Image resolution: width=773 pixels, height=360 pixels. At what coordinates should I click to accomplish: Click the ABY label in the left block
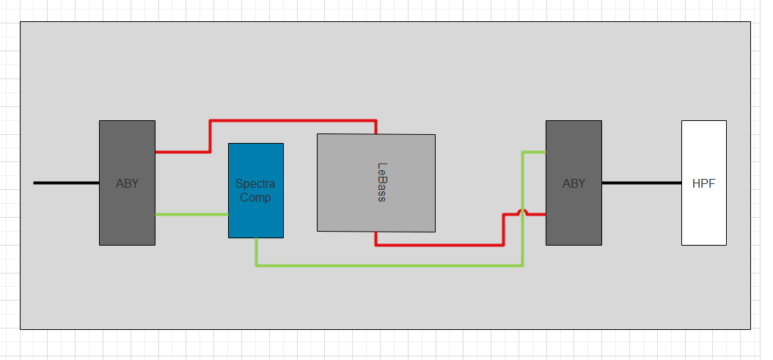(127, 183)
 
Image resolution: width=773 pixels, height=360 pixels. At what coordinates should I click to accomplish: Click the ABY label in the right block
(574, 183)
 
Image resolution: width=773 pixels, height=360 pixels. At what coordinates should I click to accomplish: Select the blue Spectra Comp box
(256, 191)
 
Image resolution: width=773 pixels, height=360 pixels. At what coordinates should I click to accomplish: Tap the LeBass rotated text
(381, 182)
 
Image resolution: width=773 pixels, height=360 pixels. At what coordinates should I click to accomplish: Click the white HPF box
(704, 183)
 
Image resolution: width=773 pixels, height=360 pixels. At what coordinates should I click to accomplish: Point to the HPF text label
(703, 184)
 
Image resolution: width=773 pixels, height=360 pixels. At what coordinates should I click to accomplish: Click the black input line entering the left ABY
(67, 183)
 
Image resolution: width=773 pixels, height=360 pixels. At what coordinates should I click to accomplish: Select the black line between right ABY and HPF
(642, 183)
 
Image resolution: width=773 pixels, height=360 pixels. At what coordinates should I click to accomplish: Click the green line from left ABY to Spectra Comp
(191, 214)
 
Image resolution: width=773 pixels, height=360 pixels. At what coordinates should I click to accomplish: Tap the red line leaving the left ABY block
(183, 152)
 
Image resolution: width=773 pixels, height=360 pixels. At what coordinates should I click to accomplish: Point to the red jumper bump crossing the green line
(523, 211)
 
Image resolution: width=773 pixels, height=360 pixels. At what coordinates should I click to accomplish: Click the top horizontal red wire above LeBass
(293, 120)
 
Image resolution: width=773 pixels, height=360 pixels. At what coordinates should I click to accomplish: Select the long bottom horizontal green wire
(389, 266)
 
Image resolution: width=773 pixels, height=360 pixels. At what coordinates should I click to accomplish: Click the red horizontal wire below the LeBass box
(440, 245)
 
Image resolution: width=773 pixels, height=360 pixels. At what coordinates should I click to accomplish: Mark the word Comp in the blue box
(255, 198)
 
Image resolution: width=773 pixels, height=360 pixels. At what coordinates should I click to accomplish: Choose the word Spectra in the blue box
(255, 184)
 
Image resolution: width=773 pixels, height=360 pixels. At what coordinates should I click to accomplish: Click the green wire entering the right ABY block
(534, 152)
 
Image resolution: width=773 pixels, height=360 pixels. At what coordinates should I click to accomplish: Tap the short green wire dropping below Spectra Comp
(257, 252)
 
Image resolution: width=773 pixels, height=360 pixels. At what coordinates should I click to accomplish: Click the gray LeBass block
(376, 183)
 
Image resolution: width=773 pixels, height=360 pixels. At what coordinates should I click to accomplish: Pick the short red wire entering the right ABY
(537, 214)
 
